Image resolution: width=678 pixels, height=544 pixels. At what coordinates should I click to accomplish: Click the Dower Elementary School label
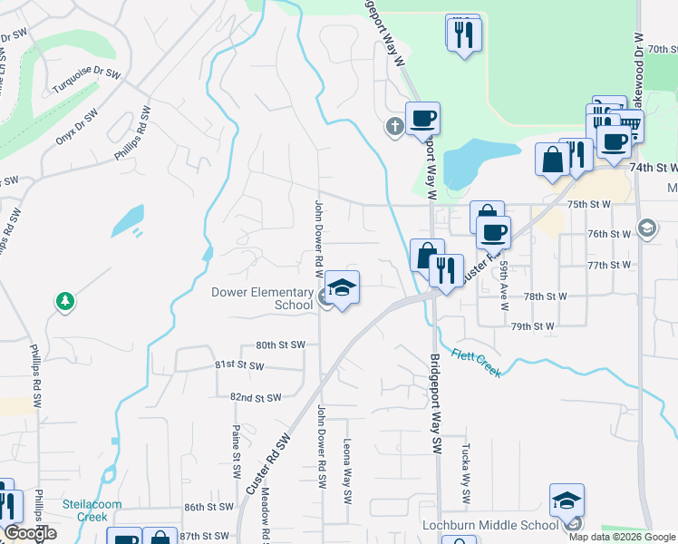262,298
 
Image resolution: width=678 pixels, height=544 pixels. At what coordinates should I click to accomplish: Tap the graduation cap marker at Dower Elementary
342,288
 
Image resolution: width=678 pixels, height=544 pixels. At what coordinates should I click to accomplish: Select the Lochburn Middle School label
489,525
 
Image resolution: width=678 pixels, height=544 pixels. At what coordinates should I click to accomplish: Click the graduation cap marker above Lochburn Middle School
567,500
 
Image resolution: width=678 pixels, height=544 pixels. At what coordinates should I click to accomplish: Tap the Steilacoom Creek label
85,510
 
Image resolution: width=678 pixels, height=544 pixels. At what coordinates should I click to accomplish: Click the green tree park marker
64,301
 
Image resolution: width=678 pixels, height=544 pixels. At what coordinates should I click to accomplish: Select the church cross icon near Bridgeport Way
394,125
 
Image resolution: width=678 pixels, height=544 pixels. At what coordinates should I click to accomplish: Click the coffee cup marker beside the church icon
422,118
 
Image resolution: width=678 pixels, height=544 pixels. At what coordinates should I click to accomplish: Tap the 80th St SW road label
278,345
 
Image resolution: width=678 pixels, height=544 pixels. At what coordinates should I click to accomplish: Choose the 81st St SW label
239,365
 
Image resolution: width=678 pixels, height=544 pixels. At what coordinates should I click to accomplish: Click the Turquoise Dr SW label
86,72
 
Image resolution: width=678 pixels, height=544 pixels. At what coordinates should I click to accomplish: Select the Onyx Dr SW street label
76,127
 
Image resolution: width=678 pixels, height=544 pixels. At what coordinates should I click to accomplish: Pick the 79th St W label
532,326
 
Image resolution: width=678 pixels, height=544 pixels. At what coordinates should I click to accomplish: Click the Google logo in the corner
29,533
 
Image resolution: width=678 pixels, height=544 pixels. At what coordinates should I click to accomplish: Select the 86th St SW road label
208,508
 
